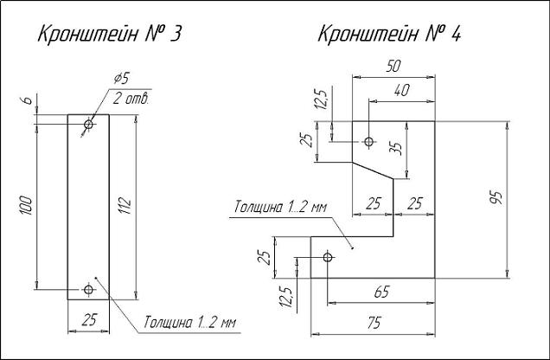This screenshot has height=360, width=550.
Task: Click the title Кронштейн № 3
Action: [107, 35]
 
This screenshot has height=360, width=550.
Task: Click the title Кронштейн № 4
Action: [391, 35]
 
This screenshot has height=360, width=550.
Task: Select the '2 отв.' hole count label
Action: [131, 98]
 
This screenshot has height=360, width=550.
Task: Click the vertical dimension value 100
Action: [27, 205]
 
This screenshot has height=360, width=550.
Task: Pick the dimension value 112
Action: [126, 205]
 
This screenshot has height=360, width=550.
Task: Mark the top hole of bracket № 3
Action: [88, 125]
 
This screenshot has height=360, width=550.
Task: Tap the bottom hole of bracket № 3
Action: [88, 289]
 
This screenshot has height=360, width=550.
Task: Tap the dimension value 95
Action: [496, 199]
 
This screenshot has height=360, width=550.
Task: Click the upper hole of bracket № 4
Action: [369, 141]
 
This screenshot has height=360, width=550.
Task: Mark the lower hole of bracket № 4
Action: [328, 257]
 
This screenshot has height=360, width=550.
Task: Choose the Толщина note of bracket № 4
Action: [279, 209]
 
